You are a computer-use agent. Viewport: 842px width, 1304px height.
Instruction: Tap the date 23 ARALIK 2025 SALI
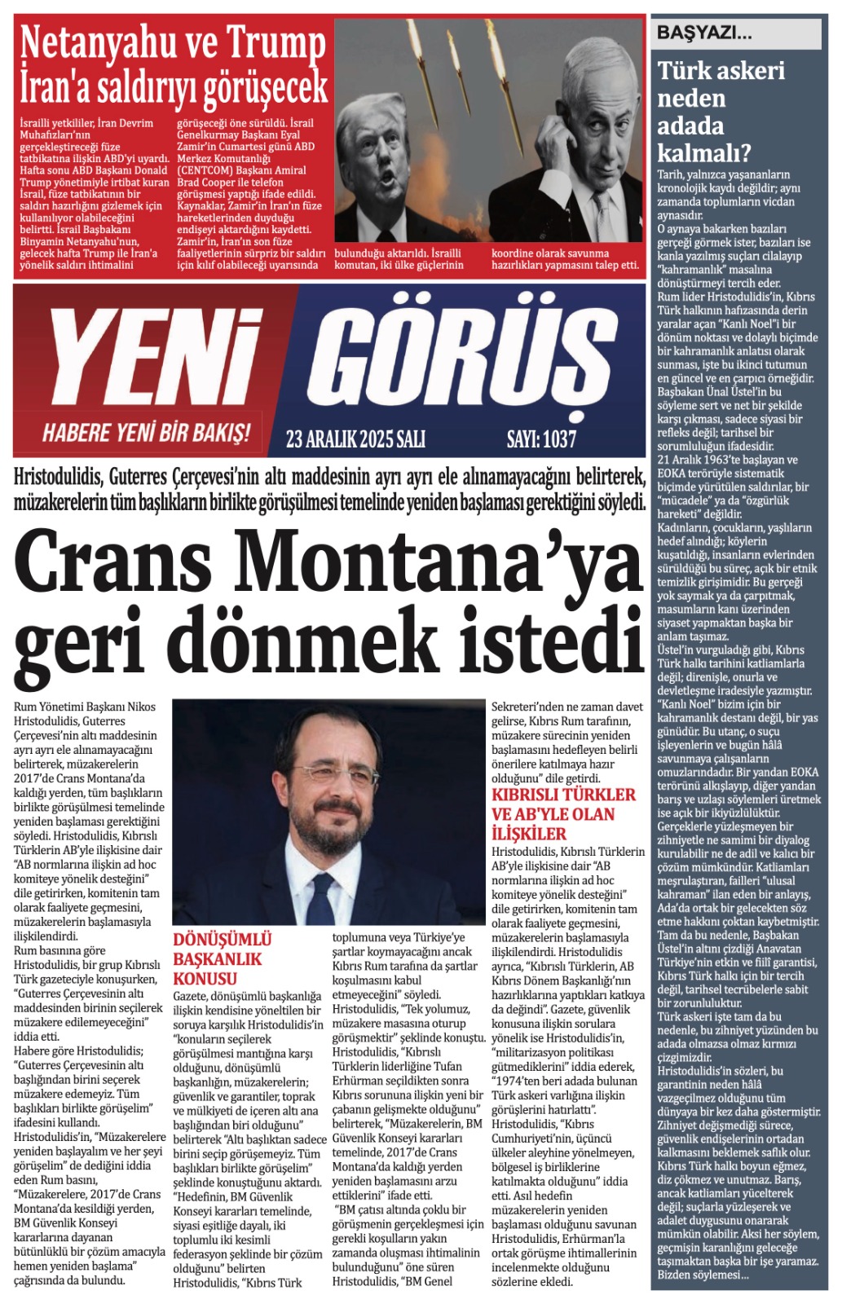click(355, 439)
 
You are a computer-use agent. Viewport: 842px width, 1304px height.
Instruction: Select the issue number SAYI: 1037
click(541, 439)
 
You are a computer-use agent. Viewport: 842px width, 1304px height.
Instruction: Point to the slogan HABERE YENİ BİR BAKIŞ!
click(147, 432)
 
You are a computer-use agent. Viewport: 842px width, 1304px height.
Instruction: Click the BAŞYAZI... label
click(704, 33)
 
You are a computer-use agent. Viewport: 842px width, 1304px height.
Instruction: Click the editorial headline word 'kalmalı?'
click(704, 152)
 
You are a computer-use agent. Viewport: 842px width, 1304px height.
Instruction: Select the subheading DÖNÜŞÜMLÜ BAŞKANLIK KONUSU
click(222, 958)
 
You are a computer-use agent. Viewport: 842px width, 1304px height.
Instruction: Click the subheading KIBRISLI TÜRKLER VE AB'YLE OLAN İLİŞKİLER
click(562, 813)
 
